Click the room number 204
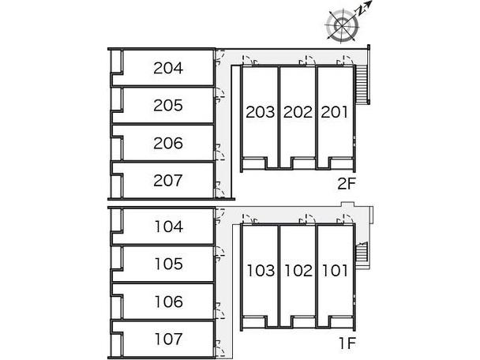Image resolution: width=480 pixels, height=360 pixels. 168,69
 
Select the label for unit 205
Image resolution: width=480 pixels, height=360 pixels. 168,106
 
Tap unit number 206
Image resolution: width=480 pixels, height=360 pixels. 168,144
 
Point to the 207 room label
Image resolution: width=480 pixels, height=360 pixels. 168,181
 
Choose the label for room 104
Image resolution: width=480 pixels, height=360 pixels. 168,227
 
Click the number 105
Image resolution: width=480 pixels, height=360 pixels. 168,264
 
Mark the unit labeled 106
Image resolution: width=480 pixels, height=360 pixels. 168,302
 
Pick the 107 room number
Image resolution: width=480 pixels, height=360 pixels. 168,339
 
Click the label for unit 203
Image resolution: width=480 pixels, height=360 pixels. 260,113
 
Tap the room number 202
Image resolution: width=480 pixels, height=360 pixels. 298,113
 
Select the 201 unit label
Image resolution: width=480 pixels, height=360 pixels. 335,113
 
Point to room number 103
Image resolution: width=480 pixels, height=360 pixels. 260,272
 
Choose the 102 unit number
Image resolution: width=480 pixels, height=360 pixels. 298,272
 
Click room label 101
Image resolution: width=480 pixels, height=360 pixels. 335,272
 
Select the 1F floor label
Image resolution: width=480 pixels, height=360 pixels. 347,343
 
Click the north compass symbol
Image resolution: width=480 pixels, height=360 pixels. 343,26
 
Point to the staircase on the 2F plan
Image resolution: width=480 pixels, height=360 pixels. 364,84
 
